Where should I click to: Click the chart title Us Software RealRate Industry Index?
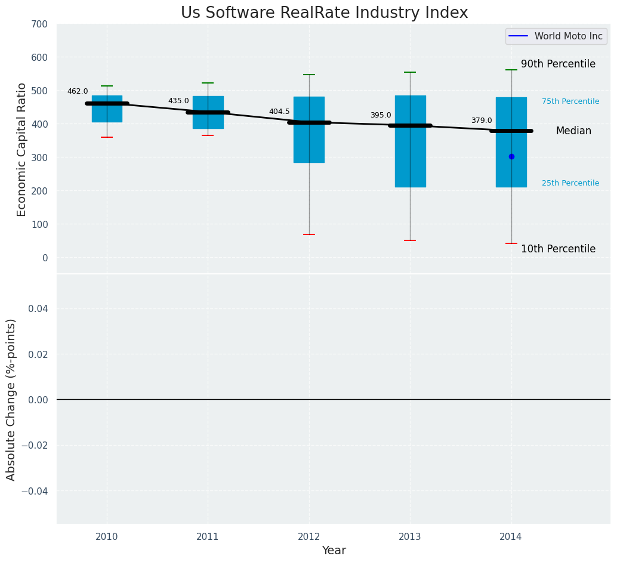324,13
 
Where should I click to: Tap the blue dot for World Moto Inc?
511,156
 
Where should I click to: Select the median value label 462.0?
78,92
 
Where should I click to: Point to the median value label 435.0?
178,101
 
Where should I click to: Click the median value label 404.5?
279,112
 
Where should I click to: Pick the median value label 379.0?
482,121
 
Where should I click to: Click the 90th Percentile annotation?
558,64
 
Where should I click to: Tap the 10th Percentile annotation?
558,249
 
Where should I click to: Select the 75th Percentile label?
570,101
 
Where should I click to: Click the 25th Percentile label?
570,183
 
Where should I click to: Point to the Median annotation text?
573,131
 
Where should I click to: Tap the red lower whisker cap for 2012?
309,234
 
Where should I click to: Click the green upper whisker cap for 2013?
410,72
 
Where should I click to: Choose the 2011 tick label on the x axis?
208,537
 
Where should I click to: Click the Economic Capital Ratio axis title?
22,149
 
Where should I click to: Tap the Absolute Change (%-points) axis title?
11,399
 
